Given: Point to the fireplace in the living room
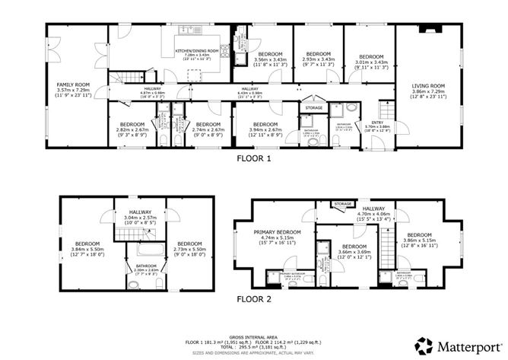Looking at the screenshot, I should (x=432, y=31).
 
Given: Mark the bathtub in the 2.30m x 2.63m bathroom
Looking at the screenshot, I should (x=145, y=250).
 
